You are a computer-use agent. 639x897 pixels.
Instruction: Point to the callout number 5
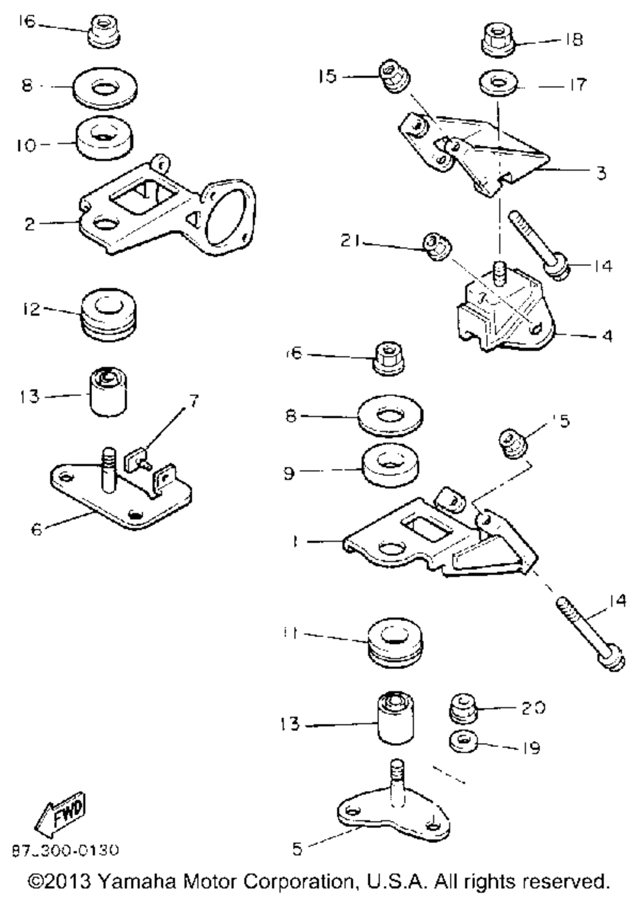(296, 849)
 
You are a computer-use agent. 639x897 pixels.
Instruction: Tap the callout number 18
(573, 40)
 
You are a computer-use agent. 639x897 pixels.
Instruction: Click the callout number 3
(600, 172)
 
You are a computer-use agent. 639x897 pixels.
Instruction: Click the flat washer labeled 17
(497, 84)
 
